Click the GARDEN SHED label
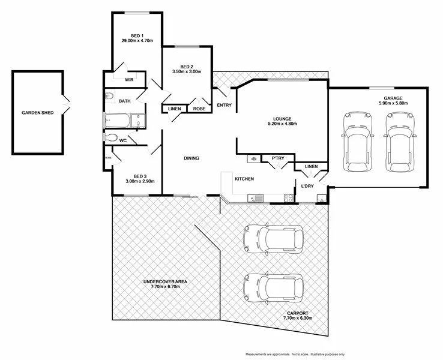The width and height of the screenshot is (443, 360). [38, 112]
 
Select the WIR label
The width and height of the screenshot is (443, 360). [128, 79]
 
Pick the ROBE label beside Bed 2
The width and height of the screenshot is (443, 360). [198, 109]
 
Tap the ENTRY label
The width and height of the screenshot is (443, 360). [224, 105]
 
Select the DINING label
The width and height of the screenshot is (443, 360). [191, 158]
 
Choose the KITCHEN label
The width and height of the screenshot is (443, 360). [244, 179]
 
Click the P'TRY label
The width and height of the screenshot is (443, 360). [277, 158]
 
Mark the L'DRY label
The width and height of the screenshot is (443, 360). [307, 186]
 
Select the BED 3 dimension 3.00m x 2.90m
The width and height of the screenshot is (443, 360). [140, 181]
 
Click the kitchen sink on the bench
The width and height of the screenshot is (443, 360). [258, 197]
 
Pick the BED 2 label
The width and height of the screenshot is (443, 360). [187, 66]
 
